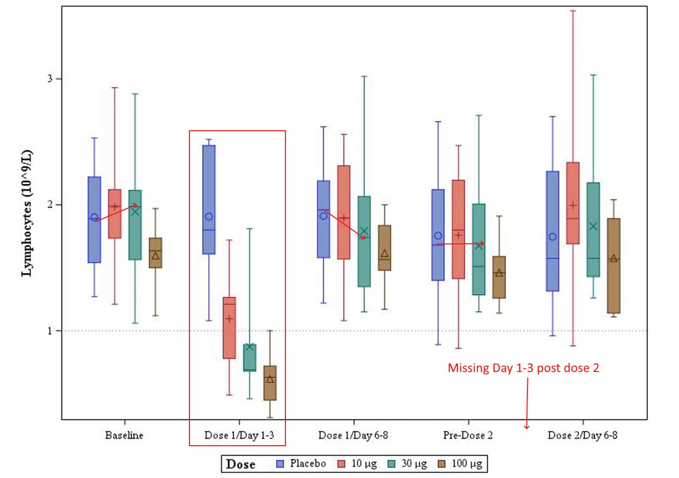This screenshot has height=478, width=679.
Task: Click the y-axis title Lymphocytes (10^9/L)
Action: click(26, 213)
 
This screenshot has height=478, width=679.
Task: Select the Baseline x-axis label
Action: click(124, 435)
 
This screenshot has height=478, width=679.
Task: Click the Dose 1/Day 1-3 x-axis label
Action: click(239, 435)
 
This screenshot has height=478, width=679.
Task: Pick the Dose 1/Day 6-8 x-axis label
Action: click(353, 435)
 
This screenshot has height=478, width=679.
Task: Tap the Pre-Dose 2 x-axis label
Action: click(468, 435)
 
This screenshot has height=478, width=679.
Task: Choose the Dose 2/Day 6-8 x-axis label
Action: click(583, 435)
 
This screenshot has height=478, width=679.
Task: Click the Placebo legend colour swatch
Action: click(281, 464)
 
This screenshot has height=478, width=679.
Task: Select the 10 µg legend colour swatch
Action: click(342, 464)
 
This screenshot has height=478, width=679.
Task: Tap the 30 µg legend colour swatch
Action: click(392, 464)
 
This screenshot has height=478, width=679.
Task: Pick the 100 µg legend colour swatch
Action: click(441, 464)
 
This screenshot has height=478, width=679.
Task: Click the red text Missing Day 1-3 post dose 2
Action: click(523, 368)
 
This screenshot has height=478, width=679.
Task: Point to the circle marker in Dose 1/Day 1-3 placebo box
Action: click(209, 217)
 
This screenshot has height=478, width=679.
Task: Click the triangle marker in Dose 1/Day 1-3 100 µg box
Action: click(270, 379)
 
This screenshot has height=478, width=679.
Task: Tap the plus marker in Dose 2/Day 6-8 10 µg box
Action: click(573, 205)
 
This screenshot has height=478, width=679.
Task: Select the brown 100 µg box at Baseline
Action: click(155, 252)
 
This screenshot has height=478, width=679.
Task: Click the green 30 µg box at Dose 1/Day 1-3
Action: click(250, 358)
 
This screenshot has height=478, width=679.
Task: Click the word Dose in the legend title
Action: click(240, 464)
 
